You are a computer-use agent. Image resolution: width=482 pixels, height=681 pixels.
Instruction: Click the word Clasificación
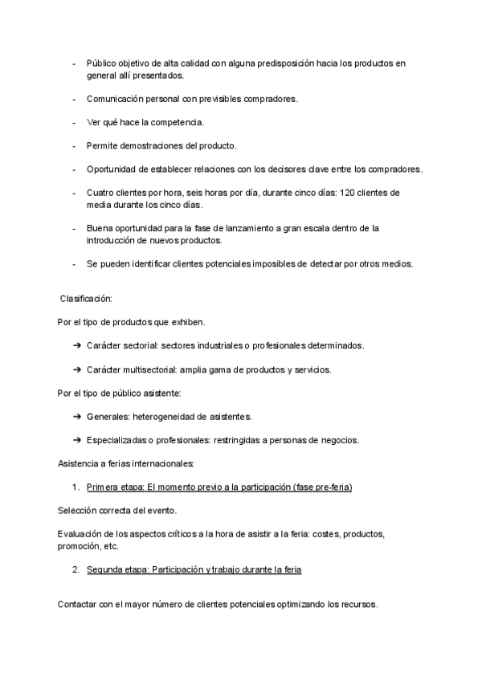[87, 299]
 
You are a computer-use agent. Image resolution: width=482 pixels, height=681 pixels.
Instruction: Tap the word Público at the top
[103, 63]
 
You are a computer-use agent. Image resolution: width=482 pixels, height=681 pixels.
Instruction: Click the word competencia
[177, 122]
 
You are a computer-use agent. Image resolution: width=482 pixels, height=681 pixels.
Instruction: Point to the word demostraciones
[157, 146]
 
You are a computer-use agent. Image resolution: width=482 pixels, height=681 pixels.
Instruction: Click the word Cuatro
[101, 193]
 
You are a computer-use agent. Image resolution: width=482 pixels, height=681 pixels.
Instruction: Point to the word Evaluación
[82, 534]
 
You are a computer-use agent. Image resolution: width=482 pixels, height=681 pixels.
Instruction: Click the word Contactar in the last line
[80, 605]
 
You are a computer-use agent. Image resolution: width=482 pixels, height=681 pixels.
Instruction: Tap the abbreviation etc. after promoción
[111, 546]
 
